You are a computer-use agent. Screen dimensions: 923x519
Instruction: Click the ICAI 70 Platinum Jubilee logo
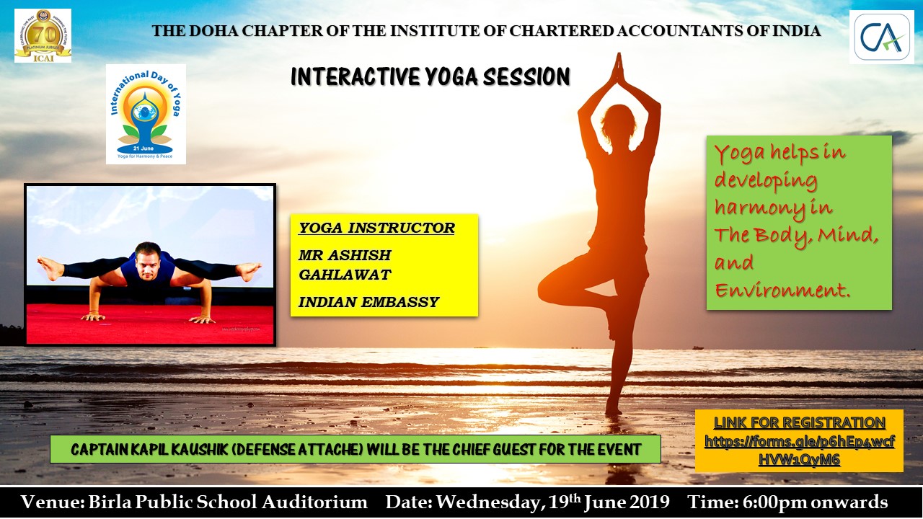point(43,36)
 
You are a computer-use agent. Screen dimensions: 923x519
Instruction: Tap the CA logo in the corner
point(882,37)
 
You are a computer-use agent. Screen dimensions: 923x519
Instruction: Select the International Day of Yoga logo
point(146,114)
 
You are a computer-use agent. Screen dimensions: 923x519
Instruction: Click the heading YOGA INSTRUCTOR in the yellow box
point(376,228)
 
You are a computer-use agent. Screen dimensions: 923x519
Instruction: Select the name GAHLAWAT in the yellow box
point(345,275)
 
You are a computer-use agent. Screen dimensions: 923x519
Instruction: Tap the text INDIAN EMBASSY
point(368,302)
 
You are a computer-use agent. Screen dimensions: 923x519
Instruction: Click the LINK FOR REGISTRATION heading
point(800,423)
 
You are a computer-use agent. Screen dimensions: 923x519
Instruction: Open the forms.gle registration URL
point(800,451)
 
